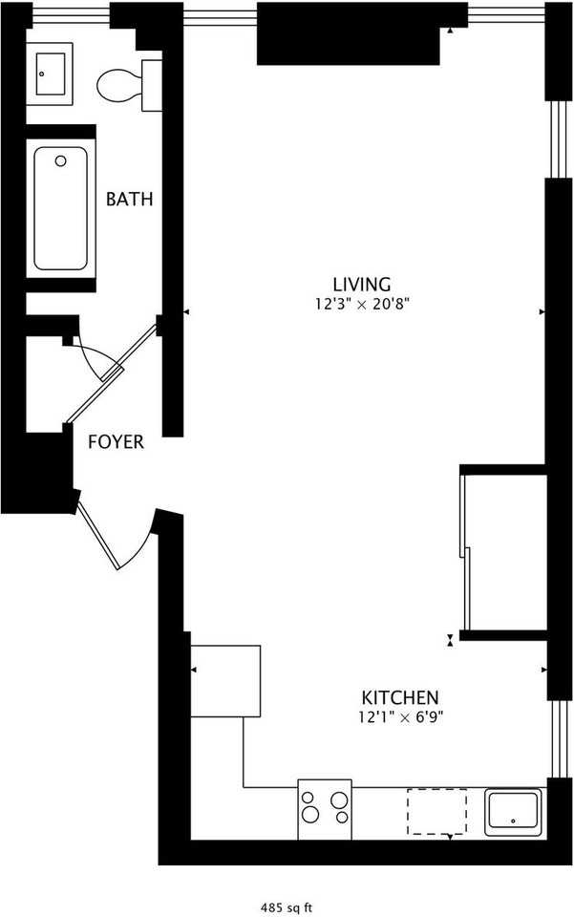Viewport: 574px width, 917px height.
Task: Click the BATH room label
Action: pos(129,200)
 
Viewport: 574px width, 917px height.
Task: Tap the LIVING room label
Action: pos(362,284)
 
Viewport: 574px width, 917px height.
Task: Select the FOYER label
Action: pos(116,442)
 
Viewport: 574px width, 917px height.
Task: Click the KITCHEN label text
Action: pos(399,697)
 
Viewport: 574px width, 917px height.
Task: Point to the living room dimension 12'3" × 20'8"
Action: pos(362,305)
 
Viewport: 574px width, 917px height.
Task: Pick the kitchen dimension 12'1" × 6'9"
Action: pos(399,717)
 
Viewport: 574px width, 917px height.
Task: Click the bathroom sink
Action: pos(50,73)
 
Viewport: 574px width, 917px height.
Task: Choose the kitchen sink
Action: pos(514,811)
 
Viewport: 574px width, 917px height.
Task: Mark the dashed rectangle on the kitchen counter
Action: pos(437,810)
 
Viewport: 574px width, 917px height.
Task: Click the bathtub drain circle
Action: pos(61,161)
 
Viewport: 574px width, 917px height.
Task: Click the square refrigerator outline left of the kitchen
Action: pos(226,680)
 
